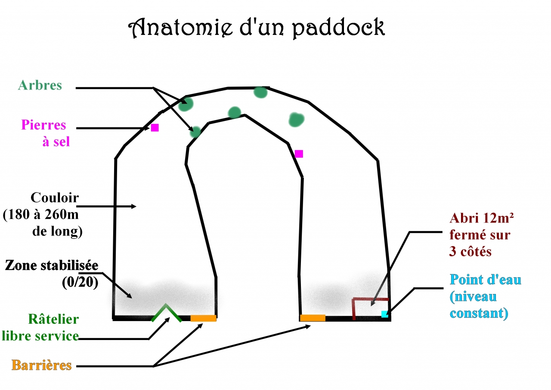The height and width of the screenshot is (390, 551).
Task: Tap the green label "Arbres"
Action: point(40,85)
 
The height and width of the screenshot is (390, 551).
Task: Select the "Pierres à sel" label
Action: point(44,133)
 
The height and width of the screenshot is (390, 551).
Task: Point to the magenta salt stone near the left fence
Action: point(155,127)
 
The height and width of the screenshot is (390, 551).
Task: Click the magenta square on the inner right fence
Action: point(299,154)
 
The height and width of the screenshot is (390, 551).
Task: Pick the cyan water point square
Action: point(384,314)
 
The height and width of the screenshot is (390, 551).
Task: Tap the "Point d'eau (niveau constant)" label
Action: point(486,296)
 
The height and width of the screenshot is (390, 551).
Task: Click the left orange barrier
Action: point(203,318)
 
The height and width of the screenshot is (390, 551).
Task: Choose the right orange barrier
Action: point(313,318)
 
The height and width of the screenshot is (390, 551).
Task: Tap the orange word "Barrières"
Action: point(41,365)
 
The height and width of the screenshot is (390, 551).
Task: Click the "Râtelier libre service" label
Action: point(41,327)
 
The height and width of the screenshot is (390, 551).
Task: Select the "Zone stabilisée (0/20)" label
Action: point(52,273)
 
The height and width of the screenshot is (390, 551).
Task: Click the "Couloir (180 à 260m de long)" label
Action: point(43,214)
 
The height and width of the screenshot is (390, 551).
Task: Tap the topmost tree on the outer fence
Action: point(260,92)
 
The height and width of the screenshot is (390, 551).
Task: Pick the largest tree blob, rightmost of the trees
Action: point(296,120)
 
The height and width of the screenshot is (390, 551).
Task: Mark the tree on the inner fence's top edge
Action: point(234,113)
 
